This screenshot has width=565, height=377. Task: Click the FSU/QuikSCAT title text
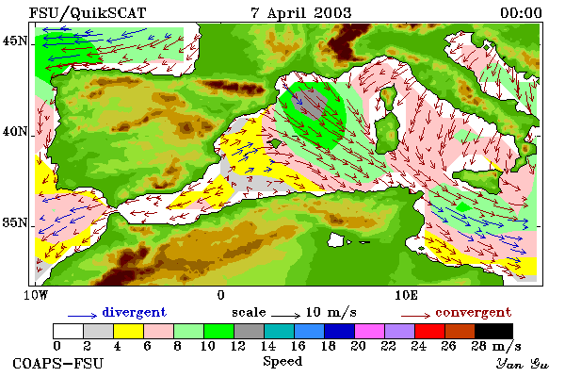(x=88, y=13)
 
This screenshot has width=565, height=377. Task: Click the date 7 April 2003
(x=301, y=13)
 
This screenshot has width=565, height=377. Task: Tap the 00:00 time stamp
(x=521, y=13)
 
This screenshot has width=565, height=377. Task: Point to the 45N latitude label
(x=15, y=41)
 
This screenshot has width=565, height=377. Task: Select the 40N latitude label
(x=15, y=131)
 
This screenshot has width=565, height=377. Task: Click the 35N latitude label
(x=15, y=222)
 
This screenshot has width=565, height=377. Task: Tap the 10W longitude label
(x=36, y=295)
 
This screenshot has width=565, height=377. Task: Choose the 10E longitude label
(x=406, y=295)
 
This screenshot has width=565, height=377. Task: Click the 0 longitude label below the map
(x=221, y=295)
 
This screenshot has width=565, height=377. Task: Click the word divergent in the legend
(x=135, y=312)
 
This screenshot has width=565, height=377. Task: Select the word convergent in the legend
(x=473, y=312)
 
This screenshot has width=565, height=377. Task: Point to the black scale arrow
(x=285, y=316)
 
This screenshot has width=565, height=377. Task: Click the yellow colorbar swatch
(x=129, y=331)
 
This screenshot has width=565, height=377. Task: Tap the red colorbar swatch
(x=430, y=331)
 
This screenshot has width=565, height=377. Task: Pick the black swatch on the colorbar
(x=493, y=331)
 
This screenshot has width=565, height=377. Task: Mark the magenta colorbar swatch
(x=370, y=331)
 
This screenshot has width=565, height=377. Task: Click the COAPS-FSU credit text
(x=58, y=363)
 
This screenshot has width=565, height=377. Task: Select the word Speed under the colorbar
(x=282, y=361)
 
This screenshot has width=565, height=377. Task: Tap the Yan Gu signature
(x=523, y=364)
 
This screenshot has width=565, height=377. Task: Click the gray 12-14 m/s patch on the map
(x=312, y=103)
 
